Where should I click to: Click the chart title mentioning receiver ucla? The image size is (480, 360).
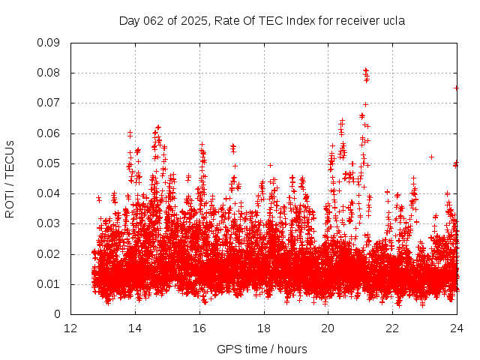coord(262,20)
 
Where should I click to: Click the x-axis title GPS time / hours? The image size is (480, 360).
coord(262,349)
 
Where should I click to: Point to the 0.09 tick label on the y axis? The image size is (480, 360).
coord(49,43)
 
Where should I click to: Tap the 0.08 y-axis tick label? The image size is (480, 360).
coord(49,73)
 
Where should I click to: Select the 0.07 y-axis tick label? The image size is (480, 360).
coord(49,103)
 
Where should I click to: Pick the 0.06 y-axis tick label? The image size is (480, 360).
coord(49,133)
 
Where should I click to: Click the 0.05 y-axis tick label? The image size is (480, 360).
coord(49,163)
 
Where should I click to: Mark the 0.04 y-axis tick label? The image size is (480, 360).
coord(49,193)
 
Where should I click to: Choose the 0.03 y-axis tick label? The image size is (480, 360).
coord(49,223)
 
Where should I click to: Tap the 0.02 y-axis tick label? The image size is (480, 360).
coord(49,254)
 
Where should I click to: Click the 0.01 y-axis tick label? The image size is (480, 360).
coord(49,284)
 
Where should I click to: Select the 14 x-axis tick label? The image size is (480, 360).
coord(136,328)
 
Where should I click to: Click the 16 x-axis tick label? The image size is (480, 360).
coord(199,328)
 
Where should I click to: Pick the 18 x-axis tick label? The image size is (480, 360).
coord(264,328)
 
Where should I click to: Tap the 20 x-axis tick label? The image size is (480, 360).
coord(328,328)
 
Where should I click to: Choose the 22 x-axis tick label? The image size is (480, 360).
coord(392,328)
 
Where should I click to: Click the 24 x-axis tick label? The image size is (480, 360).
coord(457,328)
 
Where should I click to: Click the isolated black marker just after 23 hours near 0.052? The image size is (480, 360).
coord(431,157)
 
